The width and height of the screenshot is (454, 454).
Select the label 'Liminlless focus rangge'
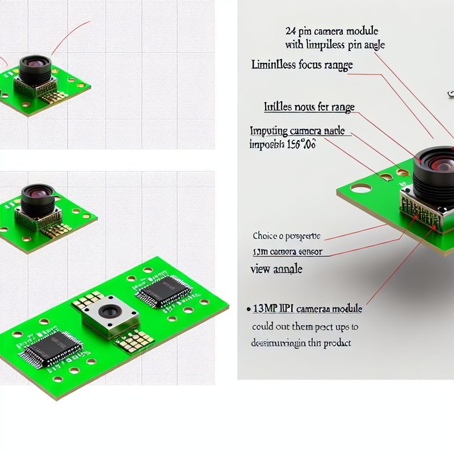coord(301,65)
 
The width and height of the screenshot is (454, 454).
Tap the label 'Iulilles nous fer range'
coord(309,107)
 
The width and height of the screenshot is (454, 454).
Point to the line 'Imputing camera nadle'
coord(297,131)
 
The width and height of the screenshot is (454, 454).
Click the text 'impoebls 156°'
coord(283,144)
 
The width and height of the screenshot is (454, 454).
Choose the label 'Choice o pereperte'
coord(286,236)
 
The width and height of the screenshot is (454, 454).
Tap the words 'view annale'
coord(276,270)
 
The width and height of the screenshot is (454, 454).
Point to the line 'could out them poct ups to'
coord(305,327)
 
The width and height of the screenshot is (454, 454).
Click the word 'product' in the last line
coord(335,343)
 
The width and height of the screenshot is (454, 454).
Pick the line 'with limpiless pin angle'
coord(331,44)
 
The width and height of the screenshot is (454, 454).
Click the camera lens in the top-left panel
coord(35,66)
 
